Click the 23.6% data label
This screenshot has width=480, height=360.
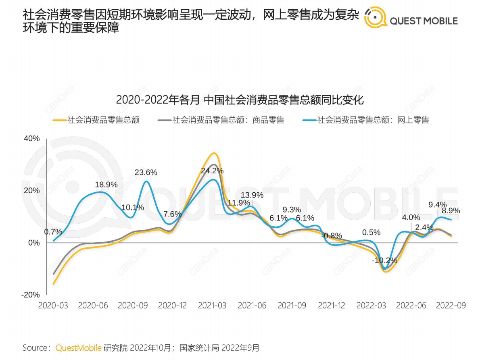(x=146, y=173)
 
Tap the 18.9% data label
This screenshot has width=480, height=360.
(x=106, y=185)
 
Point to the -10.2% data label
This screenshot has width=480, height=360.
(x=384, y=260)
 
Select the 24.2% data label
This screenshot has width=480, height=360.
(x=212, y=171)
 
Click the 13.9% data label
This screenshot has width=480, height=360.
(x=252, y=195)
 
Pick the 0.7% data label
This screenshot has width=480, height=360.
(x=53, y=232)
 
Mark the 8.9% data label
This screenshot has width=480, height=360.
(x=451, y=211)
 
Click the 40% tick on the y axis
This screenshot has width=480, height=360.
(x=31, y=139)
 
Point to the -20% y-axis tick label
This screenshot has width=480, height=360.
(x=31, y=295)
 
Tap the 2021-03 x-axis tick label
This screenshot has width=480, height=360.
(x=212, y=306)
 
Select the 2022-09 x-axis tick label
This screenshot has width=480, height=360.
(x=451, y=306)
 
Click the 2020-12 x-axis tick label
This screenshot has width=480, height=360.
(x=172, y=306)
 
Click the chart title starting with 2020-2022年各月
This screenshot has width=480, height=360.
(x=240, y=100)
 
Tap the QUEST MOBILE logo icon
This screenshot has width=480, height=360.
(x=376, y=18)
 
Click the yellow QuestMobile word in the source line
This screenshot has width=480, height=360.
(x=78, y=348)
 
